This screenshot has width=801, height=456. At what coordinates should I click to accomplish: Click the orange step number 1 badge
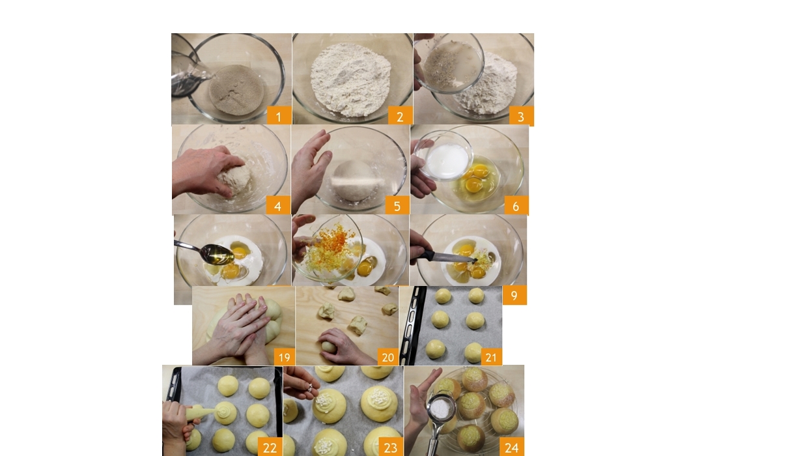coord(279,115)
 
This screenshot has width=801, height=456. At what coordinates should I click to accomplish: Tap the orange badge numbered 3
coord(522,116)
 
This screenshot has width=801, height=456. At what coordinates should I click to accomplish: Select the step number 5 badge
coord(397,205)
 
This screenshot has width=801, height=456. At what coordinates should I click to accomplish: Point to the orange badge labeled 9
coord(514,295)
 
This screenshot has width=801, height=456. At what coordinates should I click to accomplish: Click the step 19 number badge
coord(285,356)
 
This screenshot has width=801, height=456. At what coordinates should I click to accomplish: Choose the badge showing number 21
coord(491,356)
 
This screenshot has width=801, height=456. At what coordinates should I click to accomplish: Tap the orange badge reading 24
coord(512,447)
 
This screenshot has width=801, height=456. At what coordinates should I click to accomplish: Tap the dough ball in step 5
coord(355,181)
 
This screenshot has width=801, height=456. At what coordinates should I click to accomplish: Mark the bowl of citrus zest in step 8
coord(327,248)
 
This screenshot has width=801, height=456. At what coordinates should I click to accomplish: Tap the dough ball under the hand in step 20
coord(329,346)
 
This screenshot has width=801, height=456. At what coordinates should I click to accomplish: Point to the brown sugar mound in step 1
coord(237,90)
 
